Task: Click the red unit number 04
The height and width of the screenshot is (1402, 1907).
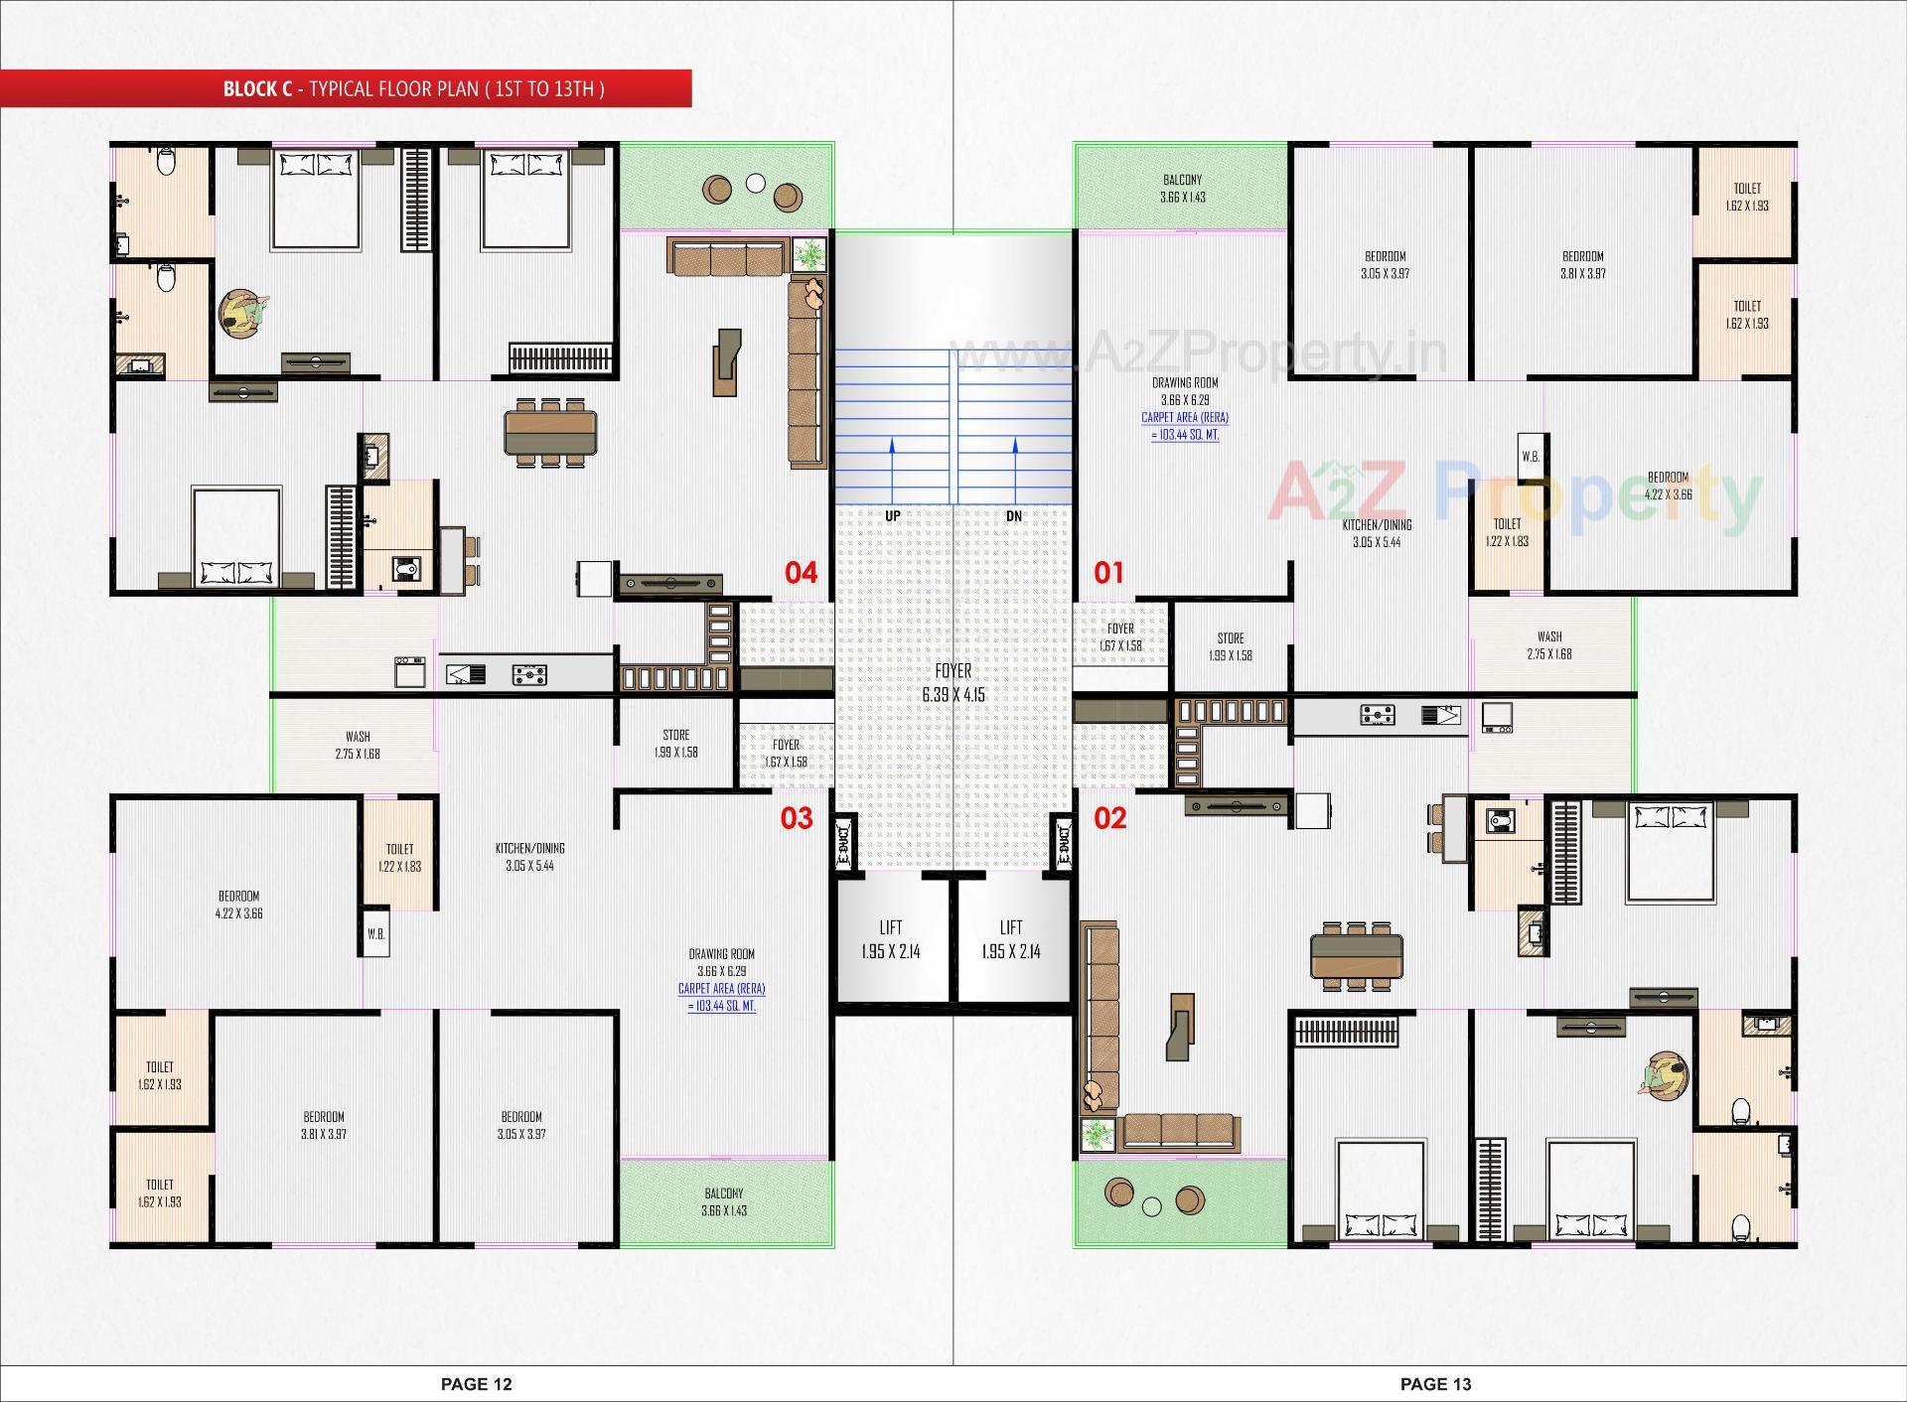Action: click(x=801, y=573)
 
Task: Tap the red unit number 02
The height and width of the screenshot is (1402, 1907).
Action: click(x=1109, y=818)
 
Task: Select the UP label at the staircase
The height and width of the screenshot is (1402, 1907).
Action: click(x=892, y=516)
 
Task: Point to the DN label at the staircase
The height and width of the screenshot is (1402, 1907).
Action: click(x=1013, y=516)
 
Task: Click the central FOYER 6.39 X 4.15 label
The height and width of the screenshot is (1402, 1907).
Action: click(x=953, y=683)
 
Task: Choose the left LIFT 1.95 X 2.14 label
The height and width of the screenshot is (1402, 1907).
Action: click(x=890, y=939)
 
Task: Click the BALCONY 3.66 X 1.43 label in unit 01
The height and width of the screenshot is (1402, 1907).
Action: click(x=1182, y=189)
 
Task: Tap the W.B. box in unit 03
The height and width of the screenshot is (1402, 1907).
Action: click(x=375, y=934)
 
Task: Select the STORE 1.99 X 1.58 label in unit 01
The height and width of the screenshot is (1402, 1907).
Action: click(x=1230, y=646)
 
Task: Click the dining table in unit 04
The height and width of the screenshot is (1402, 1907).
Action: click(x=550, y=432)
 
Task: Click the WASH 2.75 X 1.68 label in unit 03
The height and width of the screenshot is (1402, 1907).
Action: click(x=358, y=745)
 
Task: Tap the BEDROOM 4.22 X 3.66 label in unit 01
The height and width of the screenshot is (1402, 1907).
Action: click(x=1668, y=486)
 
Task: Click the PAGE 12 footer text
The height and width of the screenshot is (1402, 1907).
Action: click(x=477, y=1384)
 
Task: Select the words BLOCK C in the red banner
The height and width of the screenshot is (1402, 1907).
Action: click(x=257, y=89)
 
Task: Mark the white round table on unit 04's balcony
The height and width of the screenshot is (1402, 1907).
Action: click(x=756, y=184)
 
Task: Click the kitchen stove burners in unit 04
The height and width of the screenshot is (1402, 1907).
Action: click(x=530, y=676)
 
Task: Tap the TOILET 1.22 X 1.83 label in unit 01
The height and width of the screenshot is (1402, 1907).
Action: click(x=1507, y=532)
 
